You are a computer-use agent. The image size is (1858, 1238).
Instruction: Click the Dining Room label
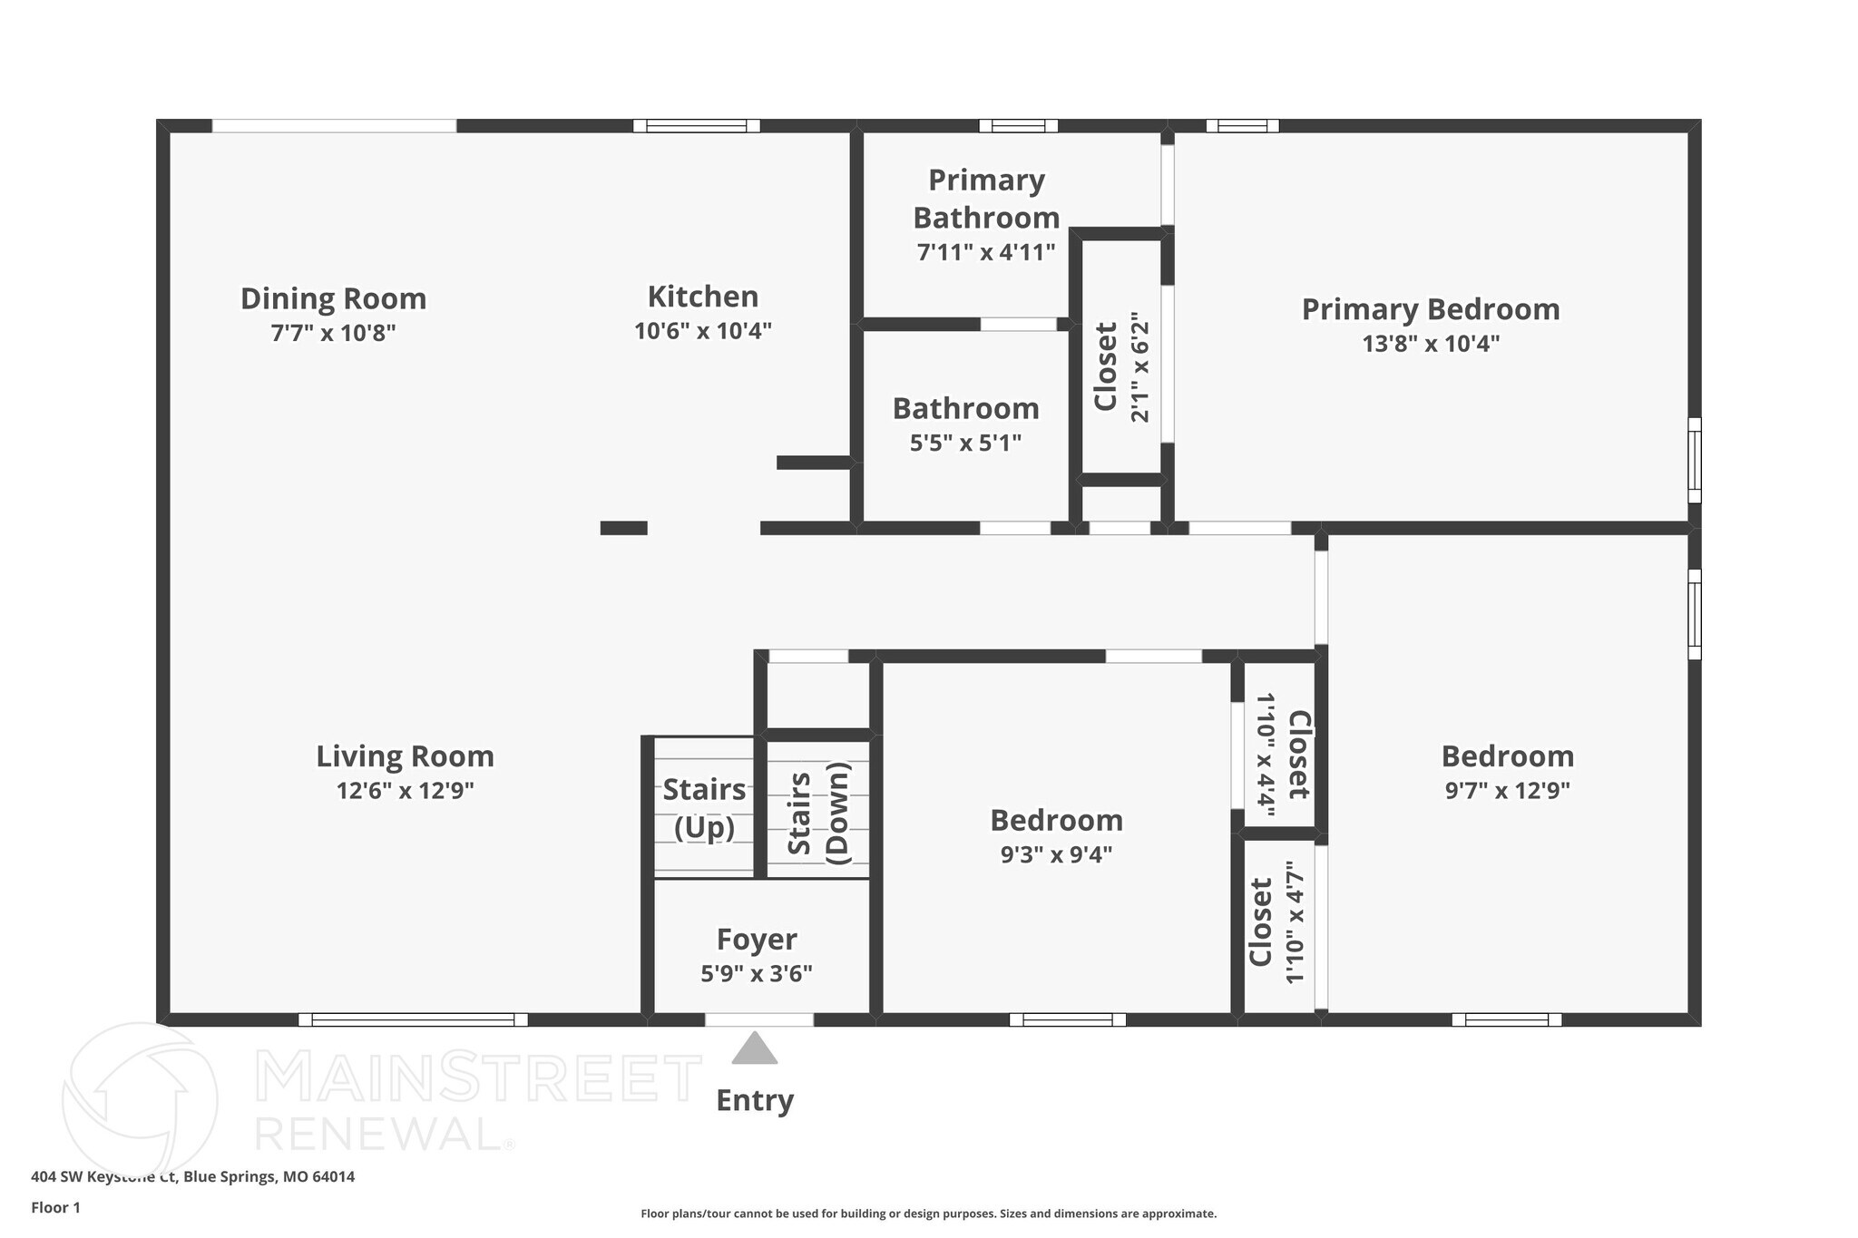[x=333, y=298]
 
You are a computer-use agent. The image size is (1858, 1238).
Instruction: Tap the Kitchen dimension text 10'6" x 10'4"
[x=702, y=331]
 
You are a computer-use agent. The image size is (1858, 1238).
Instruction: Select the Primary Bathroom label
[x=986, y=199]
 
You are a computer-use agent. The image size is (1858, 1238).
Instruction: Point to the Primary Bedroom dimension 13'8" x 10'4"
[x=1430, y=344]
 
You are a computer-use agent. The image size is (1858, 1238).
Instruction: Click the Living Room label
[x=405, y=755]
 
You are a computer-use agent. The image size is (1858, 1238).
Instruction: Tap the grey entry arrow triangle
[x=755, y=1048]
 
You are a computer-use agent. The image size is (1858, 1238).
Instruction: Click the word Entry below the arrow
[x=755, y=1100]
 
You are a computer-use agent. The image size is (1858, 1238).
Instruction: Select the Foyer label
[x=757, y=939]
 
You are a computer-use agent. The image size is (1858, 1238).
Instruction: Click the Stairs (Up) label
[x=704, y=808]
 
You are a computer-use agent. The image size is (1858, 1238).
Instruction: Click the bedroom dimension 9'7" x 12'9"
[x=1507, y=791]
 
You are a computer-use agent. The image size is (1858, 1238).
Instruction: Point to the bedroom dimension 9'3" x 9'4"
[x=1056, y=854]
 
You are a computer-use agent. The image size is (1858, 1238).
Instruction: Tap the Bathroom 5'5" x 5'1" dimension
[x=965, y=444]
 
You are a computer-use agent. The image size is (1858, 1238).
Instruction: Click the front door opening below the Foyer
[x=758, y=1019]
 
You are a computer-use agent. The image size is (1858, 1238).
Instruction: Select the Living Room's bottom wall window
[x=413, y=1019]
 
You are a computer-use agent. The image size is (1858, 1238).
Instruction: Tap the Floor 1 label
[x=55, y=1207]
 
